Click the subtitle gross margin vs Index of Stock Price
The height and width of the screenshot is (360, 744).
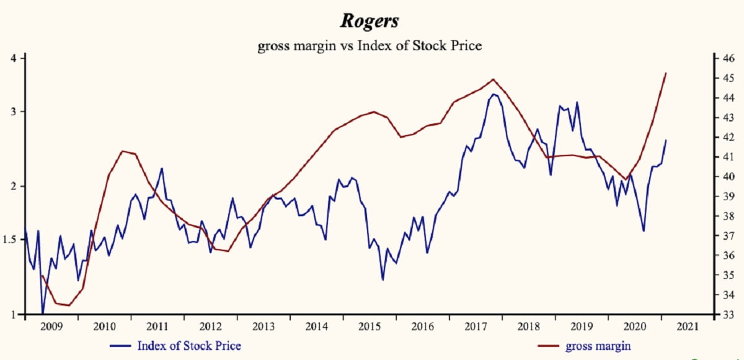point(370,45)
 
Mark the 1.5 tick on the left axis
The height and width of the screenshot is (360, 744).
point(10,239)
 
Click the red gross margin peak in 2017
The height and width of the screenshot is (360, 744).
point(493,79)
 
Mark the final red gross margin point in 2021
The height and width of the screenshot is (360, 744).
point(666,73)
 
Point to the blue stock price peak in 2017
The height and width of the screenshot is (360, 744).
point(494,94)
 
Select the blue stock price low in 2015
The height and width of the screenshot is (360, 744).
point(383,280)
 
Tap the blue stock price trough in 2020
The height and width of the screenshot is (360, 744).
point(644,231)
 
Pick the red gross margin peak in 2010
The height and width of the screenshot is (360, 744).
point(123,151)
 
